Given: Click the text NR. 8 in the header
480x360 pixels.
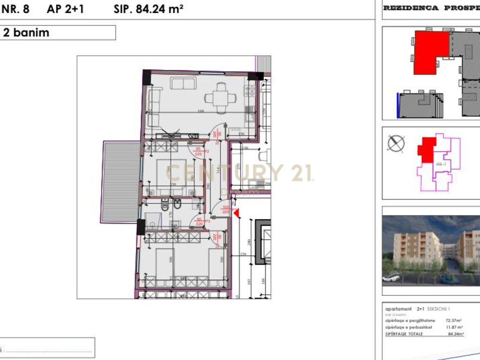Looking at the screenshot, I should [x=15, y=9].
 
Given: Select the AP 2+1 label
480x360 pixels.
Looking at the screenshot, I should [x=66, y=9].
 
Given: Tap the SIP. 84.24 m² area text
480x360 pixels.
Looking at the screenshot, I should [x=148, y=9].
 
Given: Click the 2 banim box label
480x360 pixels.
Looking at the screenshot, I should [x=26, y=33].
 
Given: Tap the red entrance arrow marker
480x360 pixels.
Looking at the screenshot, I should [x=237, y=214].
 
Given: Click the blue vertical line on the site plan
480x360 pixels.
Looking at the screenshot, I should [x=398, y=105].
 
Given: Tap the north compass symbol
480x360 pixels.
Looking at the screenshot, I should [x=397, y=143].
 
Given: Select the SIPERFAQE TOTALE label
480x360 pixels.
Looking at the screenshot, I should [x=404, y=334].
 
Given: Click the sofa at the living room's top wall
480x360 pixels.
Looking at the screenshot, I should [x=182, y=83].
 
